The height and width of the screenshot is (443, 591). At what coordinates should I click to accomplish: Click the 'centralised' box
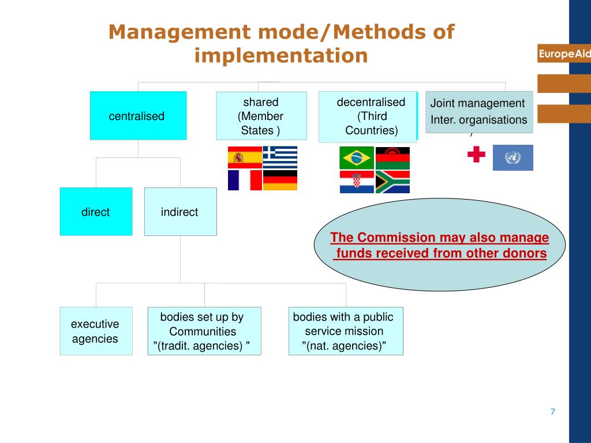tap(138, 115)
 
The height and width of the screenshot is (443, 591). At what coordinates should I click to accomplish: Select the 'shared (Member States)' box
tap(261, 116)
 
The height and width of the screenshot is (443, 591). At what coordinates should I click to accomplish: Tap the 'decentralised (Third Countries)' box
tap(368, 117)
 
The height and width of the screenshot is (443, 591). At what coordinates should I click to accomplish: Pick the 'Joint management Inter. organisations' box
tap(479, 112)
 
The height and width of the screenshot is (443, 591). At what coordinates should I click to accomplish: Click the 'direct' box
tap(96, 212)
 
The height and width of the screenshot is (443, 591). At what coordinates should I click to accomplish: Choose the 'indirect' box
tap(180, 212)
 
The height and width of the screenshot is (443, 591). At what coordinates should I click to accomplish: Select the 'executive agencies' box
tap(96, 331)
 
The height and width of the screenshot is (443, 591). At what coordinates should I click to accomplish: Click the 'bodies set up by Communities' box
tap(204, 331)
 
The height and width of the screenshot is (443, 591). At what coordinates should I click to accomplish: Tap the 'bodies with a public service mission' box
tap(346, 331)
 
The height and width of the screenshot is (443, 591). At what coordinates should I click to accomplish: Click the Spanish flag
tap(245, 157)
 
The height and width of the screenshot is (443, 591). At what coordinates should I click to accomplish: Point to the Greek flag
tap(280, 157)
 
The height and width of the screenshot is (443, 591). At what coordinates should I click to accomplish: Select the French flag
tap(245, 180)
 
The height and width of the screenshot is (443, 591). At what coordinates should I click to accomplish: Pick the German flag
tap(280, 180)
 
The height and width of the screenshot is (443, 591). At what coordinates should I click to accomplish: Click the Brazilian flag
tap(357, 158)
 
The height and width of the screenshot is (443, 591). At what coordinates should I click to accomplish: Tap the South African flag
tap(392, 182)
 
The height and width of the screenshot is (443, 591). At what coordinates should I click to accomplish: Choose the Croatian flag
tap(357, 182)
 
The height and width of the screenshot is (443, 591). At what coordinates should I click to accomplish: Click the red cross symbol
tap(476, 154)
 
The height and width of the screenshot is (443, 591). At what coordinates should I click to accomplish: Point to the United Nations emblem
tap(513, 157)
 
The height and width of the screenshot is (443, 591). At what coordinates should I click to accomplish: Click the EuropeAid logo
tap(564, 54)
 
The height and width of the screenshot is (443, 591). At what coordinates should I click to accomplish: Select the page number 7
tap(552, 411)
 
